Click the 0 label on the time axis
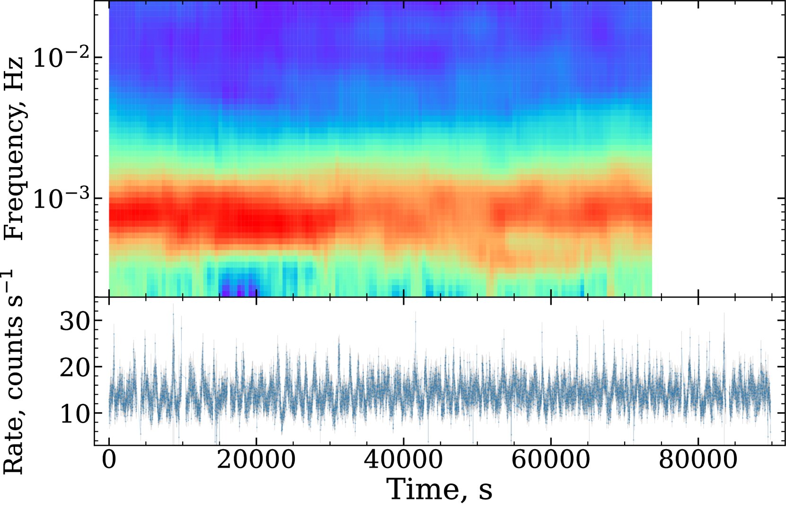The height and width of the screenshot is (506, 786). click(109, 460)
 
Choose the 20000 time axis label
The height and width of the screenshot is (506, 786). click(256, 460)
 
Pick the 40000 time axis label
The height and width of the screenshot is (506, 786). click(403, 460)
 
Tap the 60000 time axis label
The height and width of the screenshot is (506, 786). click(551, 460)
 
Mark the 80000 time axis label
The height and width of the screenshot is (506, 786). click(698, 460)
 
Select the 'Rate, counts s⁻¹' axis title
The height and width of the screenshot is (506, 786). click(13, 372)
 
